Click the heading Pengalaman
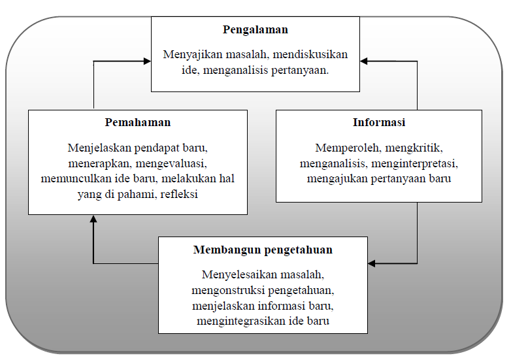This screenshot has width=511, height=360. (x=255, y=30)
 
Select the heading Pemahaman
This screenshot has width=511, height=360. (x=138, y=122)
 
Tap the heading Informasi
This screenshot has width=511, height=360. (x=379, y=122)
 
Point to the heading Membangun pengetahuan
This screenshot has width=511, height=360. (x=263, y=250)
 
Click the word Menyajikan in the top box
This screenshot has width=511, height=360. (x=193, y=54)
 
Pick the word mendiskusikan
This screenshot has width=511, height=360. (x=310, y=54)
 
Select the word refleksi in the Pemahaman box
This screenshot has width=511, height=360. (x=179, y=194)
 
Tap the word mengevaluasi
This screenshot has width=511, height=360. (x=171, y=163)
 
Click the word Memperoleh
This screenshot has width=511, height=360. (x=348, y=148)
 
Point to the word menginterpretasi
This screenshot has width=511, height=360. (x=414, y=163)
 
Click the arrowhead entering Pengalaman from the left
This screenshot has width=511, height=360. (x=147, y=61)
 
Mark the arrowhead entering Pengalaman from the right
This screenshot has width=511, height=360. (x=364, y=61)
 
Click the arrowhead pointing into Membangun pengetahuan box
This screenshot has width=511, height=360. (x=372, y=263)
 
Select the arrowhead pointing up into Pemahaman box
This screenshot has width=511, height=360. (x=93, y=219)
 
